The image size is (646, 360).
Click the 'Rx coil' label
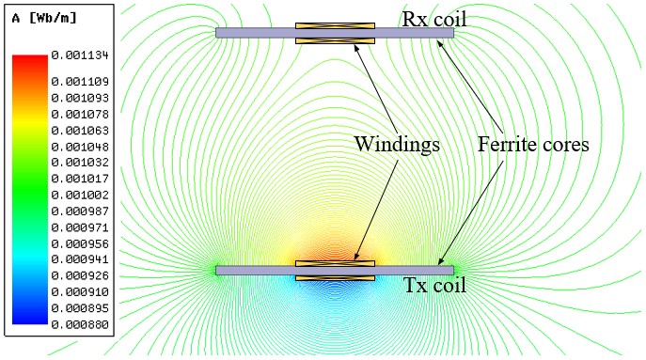coord(434,19)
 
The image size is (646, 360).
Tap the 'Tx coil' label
coord(434,285)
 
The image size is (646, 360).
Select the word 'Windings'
coord(397,144)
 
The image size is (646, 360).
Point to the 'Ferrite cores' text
coord(533,144)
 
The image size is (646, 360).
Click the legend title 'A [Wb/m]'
coord(44,18)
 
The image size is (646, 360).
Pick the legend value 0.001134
coord(80,55)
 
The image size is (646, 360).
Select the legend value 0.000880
coord(80,324)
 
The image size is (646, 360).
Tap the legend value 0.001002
coord(80,195)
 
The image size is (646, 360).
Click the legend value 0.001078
coord(80,114)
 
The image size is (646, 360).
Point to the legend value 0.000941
coord(80,259)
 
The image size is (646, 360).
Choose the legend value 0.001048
coord(80,147)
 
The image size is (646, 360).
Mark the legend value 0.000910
coord(80,292)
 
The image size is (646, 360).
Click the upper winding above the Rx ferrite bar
coord(335,25)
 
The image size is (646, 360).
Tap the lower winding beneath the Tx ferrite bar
coord(335,278)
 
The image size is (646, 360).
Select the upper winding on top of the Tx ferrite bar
coord(335,263)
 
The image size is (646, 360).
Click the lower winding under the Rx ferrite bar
coord(335,40)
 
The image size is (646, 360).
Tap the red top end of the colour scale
coord(30,58)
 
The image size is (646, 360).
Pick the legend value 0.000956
coord(80,243)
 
